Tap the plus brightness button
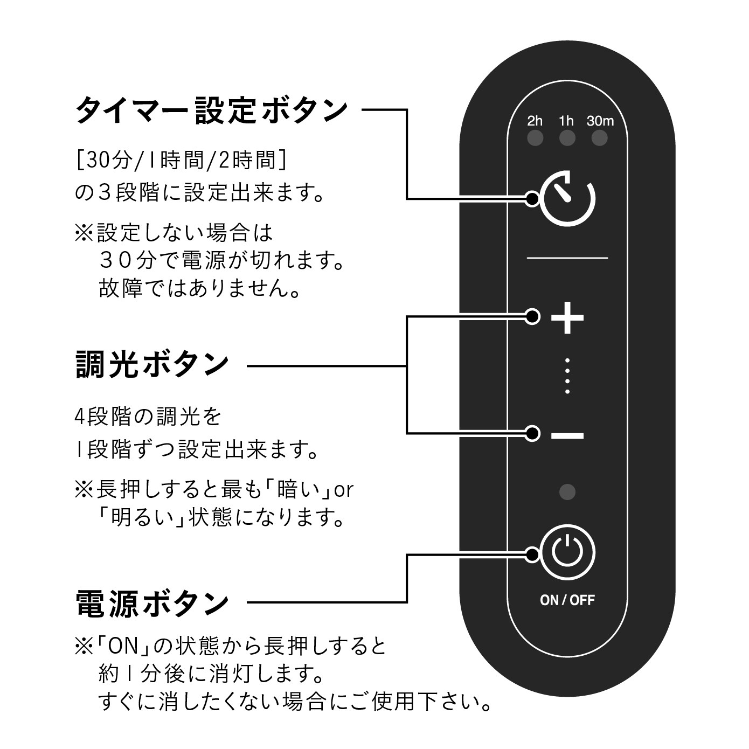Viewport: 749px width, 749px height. tap(567, 317)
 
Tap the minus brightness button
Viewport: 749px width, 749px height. tap(567, 435)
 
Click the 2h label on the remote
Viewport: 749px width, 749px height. tap(535, 121)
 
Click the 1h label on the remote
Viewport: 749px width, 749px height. tap(566, 121)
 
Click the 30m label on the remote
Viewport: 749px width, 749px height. tap(600, 121)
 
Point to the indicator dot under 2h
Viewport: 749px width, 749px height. tap(535, 138)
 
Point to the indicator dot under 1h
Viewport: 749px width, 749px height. tap(567, 138)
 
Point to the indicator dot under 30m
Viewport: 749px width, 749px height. tap(599, 138)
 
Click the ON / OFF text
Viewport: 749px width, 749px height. tap(567, 600)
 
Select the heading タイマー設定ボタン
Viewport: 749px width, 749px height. tap(212, 110)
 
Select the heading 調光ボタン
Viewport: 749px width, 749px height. tap(152, 364)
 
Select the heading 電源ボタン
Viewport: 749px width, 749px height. tap(152, 603)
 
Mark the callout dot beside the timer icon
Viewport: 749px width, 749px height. tap(532, 199)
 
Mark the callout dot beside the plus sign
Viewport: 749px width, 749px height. tap(532, 316)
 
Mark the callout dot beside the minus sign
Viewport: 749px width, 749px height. tap(532, 433)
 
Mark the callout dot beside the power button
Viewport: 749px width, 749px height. tap(532, 554)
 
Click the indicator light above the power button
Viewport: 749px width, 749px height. tap(567, 491)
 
